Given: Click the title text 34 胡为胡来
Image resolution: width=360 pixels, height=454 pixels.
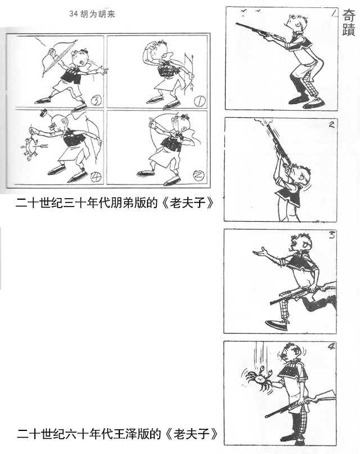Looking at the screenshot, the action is [92, 14].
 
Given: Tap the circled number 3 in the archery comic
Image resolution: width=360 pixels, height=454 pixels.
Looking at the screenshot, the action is [96, 101].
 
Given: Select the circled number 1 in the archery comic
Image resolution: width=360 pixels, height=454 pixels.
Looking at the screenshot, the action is [200, 101].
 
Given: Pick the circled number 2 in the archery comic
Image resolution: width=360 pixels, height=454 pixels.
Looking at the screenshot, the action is [199, 174].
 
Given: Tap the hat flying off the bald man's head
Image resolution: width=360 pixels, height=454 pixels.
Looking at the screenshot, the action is [43, 113].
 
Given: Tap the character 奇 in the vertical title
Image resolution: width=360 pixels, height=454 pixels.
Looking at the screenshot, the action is [349, 15].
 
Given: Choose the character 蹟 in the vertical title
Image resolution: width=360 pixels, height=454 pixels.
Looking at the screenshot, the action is [349, 29].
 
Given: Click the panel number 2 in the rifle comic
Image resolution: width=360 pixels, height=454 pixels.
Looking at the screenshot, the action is [331, 125].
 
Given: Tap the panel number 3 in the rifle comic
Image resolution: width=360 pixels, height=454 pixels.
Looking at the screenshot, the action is [332, 235].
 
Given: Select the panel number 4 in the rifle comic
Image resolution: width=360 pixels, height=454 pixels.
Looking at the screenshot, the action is [332, 346].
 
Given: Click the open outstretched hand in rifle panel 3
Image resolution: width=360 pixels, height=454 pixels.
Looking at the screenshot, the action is [260, 251].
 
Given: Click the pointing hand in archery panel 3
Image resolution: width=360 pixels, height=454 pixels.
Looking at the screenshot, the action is [102, 70].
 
